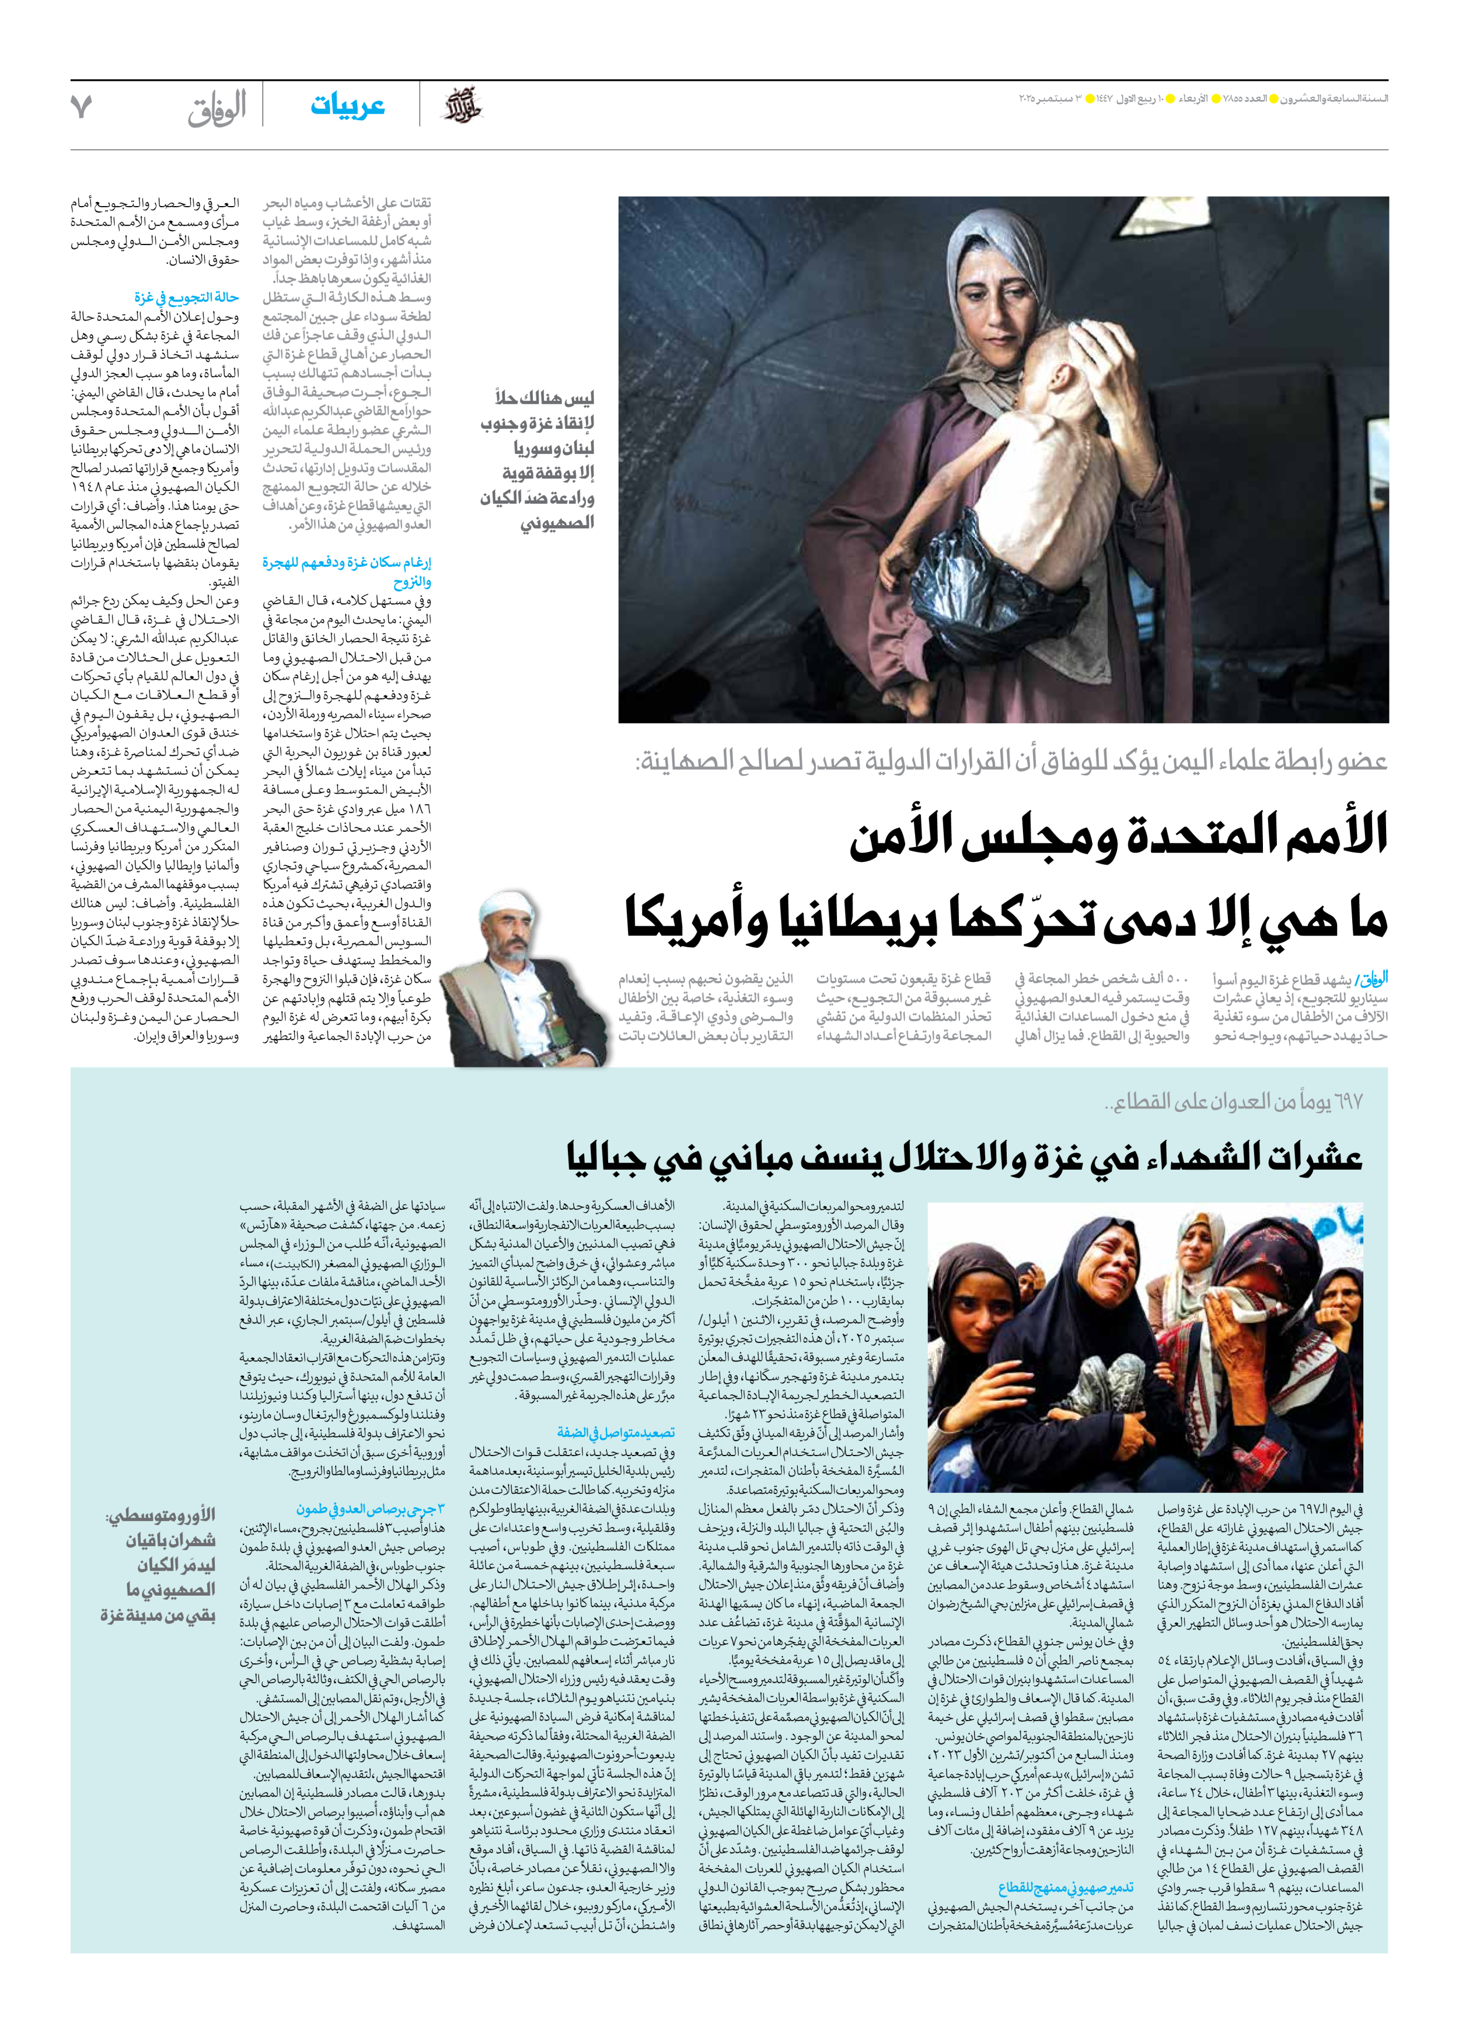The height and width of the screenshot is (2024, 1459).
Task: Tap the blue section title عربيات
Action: [x=347, y=106]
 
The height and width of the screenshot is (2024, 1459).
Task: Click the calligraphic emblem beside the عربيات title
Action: [x=462, y=106]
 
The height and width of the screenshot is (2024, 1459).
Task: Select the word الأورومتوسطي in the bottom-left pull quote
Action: [x=160, y=1515]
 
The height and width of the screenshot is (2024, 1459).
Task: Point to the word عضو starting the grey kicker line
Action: [x=1361, y=761]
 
